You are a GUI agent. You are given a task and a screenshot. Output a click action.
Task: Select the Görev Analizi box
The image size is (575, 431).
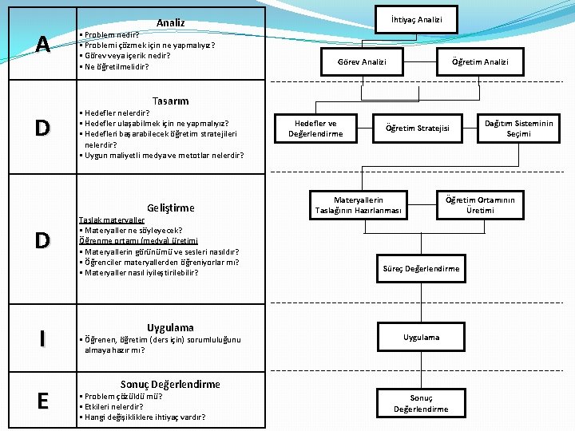(362, 61)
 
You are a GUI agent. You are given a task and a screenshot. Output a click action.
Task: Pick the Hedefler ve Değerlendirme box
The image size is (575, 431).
(315, 129)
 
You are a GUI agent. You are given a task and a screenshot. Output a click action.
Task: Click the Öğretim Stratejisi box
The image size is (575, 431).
(418, 129)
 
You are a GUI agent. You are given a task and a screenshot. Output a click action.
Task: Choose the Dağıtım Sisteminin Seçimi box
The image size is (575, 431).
(518, 129)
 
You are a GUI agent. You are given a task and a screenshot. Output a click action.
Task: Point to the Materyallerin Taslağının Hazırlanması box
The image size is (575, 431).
(359, 205)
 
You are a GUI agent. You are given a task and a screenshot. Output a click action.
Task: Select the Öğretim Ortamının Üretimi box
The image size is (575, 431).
(480, 205)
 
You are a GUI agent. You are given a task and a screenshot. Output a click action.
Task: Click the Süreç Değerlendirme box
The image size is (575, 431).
(421, 268)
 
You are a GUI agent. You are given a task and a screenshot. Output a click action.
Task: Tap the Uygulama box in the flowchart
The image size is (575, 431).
(421, 337)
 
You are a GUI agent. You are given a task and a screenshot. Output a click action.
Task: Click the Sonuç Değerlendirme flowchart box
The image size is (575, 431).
(421, 403)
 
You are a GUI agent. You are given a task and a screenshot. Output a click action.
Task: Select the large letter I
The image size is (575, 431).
(42, 338)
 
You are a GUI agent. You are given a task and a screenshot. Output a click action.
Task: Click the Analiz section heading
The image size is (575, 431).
(170, 23)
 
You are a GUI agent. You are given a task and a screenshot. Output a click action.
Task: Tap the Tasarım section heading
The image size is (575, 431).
(170, 101)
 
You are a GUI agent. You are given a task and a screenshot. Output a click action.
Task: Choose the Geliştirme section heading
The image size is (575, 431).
(170, 208)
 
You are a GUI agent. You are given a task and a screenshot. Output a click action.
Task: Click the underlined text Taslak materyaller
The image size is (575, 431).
(111, 220)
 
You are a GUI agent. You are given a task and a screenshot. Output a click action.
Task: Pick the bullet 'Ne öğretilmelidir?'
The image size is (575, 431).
(116, 66)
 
